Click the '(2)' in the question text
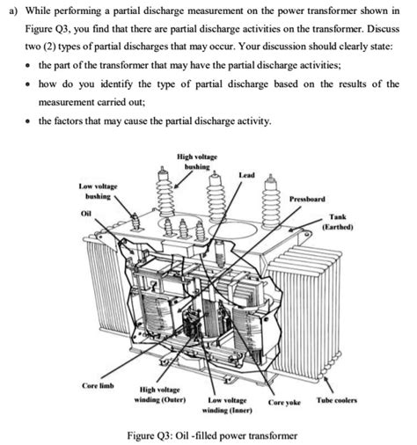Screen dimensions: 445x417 pos(56,44)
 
